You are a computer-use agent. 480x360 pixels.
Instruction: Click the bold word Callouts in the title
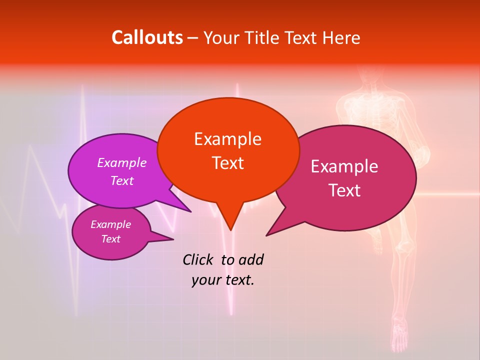point(147,37)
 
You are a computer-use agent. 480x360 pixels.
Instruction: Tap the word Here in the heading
point(341,37)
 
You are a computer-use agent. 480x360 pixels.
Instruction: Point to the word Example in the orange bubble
point(227,139)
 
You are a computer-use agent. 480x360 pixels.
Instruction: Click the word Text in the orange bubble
point(227,163)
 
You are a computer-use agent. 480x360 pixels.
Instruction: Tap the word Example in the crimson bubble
point(344,166)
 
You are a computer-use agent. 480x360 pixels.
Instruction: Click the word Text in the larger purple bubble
point(122,181)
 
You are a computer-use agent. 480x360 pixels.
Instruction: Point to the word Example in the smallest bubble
point(110,224)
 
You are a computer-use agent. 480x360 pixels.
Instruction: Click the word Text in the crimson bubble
point(344,190)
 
